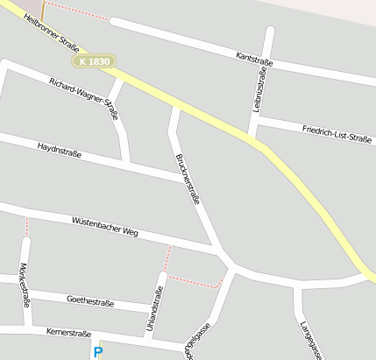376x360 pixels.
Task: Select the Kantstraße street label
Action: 255,58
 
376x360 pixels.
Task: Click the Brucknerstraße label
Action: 188,179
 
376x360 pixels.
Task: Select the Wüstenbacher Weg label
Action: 105,227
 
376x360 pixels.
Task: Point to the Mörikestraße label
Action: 25,285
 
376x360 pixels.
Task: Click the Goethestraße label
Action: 90,300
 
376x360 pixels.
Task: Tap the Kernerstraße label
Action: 68,334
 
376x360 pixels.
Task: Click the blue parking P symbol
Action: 97,351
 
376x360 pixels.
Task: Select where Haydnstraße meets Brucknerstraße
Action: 181,179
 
